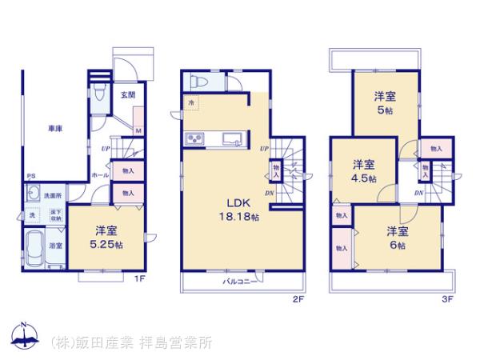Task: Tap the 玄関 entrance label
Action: (x=128, y=96)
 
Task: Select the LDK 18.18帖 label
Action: (x=242, y=210)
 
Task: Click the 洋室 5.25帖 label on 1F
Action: (x=106, y=238)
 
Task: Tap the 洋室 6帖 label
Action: (x=398, y=238)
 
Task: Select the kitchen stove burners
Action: (x=196, y=142)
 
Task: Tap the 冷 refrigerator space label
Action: (x=190, y=104)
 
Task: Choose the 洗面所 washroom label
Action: (x=52, y=196)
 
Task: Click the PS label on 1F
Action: (x=29, y=178)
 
